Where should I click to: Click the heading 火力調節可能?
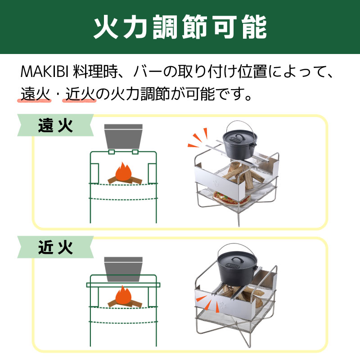(x=180, y=27)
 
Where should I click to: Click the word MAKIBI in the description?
(x=45, y=72)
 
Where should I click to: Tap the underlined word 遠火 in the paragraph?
(x=35, y=94)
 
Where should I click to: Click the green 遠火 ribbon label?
(x=55, y=126)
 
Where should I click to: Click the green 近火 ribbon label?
(x=55, y=247)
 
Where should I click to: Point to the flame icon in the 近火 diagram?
(x=123, y=295)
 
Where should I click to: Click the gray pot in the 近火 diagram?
(x=123, y=269)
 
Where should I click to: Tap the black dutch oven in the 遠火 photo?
(x=239, y=143)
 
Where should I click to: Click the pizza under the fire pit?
(x=231, y=198)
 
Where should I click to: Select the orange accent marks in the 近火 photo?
(x=207, y=303)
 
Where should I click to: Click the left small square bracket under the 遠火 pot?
(x=112, y=152)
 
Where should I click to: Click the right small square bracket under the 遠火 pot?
(x=135, y=152)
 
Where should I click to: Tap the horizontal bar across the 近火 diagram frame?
(x=123, y=285)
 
